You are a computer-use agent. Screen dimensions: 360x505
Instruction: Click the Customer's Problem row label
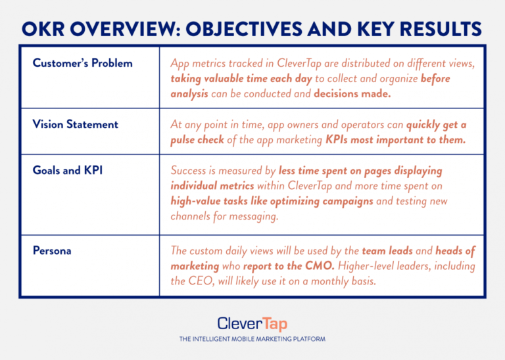[x=82, y=64]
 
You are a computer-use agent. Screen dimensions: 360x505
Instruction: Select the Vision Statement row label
[x=76, y=125]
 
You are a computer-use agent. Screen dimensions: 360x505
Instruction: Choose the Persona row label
[x=52, y=250]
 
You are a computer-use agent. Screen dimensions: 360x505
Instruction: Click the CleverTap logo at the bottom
[x=252, y=323]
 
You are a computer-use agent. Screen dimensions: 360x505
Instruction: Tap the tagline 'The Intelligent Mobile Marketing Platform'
[x=252, y=340]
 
